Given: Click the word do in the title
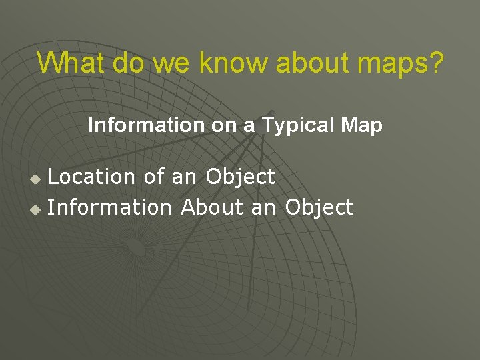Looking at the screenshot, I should pos(129,63).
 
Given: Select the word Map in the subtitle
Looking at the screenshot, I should pos(363,125).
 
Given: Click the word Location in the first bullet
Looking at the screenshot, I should pos(92,177).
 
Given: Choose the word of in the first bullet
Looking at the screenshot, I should pos(153,177).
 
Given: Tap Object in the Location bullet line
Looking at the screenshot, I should pos(240,177).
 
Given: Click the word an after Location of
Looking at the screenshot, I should pos(185,177).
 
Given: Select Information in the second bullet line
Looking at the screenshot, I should pos(109,207).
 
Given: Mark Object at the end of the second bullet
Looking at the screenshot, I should pos(319,207).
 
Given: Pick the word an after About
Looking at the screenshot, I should pos(263,207).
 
